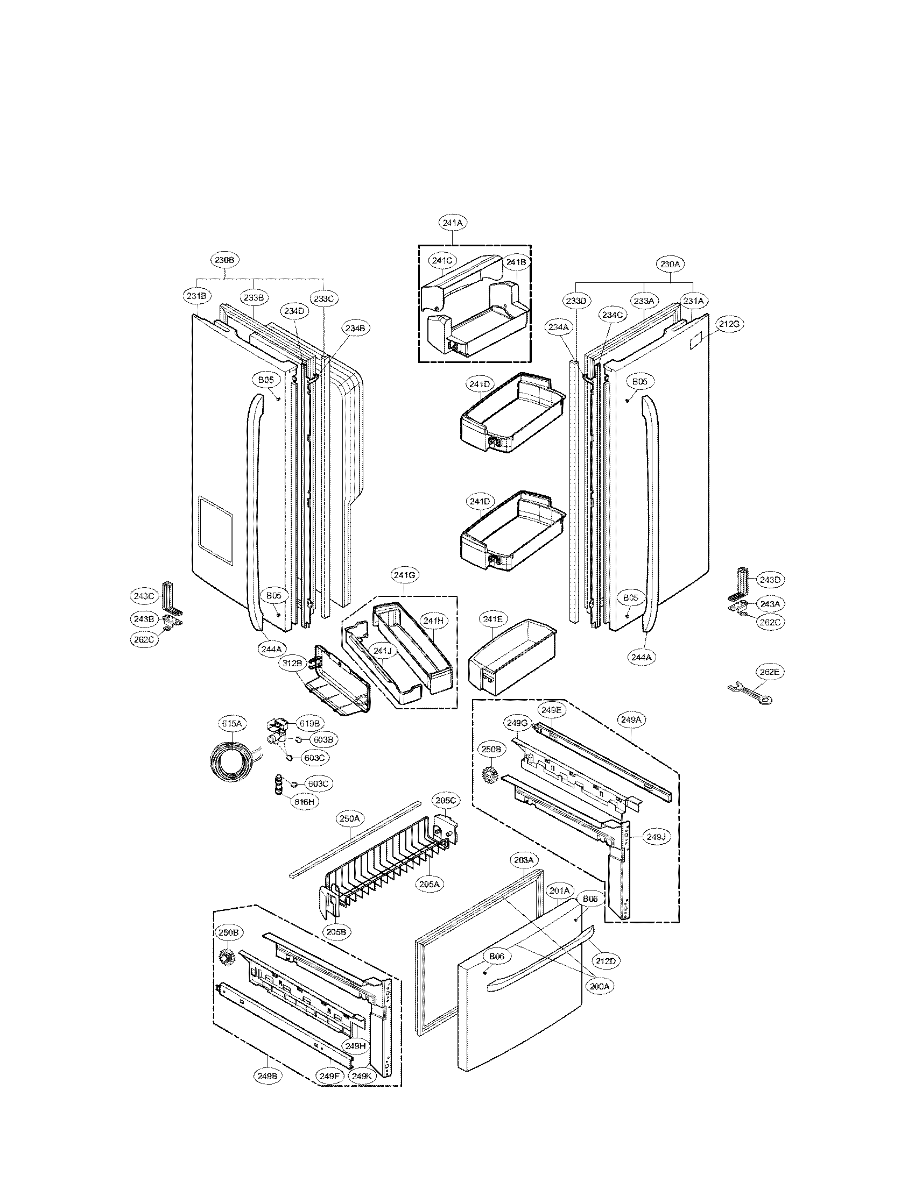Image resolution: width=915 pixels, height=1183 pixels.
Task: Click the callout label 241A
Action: [453, 223]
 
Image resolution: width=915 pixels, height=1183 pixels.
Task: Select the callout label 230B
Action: [224, 260]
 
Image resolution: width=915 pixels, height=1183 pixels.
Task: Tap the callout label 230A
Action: [671, 265]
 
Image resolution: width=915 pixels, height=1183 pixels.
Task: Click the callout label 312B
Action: [293, 662]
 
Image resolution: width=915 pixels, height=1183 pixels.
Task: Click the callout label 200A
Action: [600, 986]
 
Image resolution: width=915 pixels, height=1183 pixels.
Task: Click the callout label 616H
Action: [305, 816]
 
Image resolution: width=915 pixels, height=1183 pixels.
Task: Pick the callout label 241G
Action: [404, 576]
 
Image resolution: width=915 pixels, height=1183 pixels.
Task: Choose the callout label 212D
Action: [606, 961]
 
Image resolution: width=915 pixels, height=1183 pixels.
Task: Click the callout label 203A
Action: [524, 860]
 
